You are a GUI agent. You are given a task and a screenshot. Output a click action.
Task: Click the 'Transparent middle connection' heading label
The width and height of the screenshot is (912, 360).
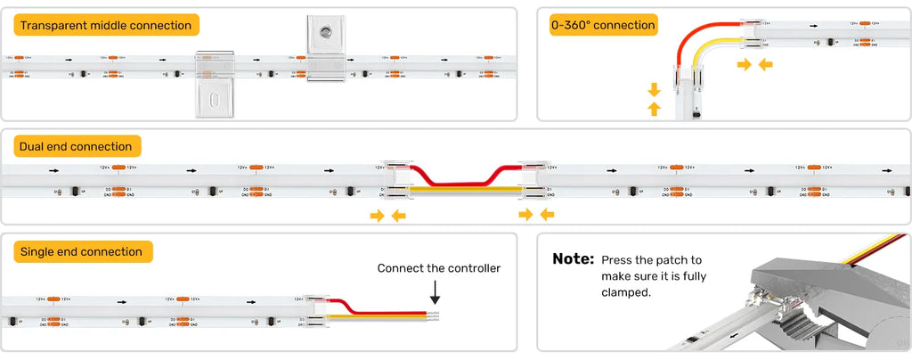click(x=106, y=26)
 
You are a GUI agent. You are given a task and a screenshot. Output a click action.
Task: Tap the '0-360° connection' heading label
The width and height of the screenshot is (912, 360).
click(x=603, y=25)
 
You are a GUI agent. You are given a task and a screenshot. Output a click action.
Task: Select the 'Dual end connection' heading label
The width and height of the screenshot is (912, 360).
click(x=75, y=146)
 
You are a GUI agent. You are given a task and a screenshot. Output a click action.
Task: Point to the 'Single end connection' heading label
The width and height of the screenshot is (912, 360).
click(x=81, y=252)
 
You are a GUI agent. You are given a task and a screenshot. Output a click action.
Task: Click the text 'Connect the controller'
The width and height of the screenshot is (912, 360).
click(x=438, y=268)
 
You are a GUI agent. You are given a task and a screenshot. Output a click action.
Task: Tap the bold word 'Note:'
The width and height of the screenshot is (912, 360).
click(x=573, y=259)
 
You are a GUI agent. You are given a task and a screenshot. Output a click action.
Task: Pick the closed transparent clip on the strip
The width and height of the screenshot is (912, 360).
click(x=215, y=82)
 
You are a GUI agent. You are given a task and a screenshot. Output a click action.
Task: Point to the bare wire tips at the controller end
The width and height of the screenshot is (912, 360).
click(x=434, y=315)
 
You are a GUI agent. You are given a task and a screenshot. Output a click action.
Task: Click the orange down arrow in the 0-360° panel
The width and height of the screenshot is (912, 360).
click(x=654, y=89)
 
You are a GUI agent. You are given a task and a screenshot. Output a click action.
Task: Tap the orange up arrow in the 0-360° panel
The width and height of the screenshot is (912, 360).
click(x=654, y=108)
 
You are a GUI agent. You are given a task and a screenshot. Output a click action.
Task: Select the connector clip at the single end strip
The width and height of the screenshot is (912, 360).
click(x=315, y=313)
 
